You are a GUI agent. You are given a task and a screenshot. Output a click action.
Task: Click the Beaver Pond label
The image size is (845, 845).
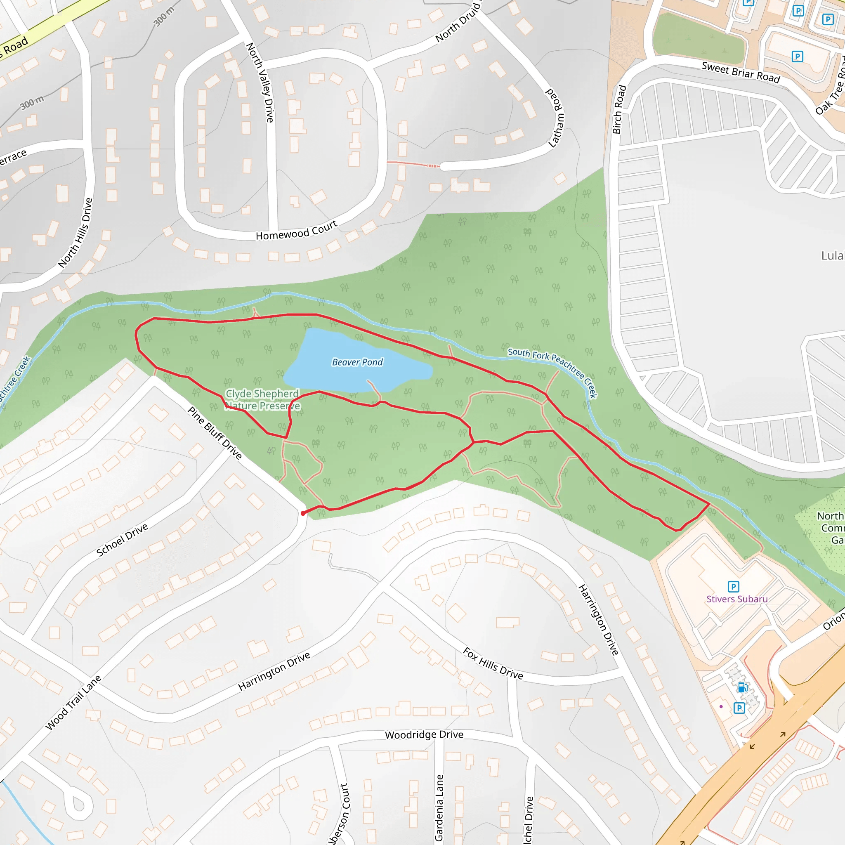point(357,362)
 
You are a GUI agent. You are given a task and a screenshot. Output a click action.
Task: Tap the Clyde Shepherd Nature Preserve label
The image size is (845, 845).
point(262,400)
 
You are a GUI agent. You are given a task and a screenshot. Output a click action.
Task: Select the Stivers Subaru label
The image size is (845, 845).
point(737,599)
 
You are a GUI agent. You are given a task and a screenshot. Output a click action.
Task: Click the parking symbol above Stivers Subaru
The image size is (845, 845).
point(734,587)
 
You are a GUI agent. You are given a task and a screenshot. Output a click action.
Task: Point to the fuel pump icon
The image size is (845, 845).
point(742,688)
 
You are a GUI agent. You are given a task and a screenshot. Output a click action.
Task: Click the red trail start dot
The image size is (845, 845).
point(303,513)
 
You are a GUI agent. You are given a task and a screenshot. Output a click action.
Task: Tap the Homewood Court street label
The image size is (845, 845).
point(296,231)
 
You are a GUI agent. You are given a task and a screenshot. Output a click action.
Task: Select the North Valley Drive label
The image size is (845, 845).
point(260,82)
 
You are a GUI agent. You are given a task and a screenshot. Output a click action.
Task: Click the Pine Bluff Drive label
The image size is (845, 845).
point(214,432)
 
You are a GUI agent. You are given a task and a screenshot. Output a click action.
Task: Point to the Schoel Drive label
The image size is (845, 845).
point(122,540)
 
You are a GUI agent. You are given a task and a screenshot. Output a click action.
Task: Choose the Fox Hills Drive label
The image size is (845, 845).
point(493,663)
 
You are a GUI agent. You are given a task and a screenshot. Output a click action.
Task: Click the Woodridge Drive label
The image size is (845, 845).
point(424,735)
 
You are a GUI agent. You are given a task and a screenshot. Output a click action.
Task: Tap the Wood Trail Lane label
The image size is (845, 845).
point(73,703)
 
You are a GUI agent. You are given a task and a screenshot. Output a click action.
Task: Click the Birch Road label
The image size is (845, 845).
point(619,109)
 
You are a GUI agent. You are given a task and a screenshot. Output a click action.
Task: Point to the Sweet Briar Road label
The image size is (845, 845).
point(741,73)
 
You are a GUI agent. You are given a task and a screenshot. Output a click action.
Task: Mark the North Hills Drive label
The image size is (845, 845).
point(75,232)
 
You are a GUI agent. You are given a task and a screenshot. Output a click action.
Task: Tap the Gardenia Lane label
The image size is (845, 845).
point(439,807)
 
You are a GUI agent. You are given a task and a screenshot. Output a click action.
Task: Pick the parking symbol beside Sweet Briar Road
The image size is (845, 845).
point(797,57)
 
